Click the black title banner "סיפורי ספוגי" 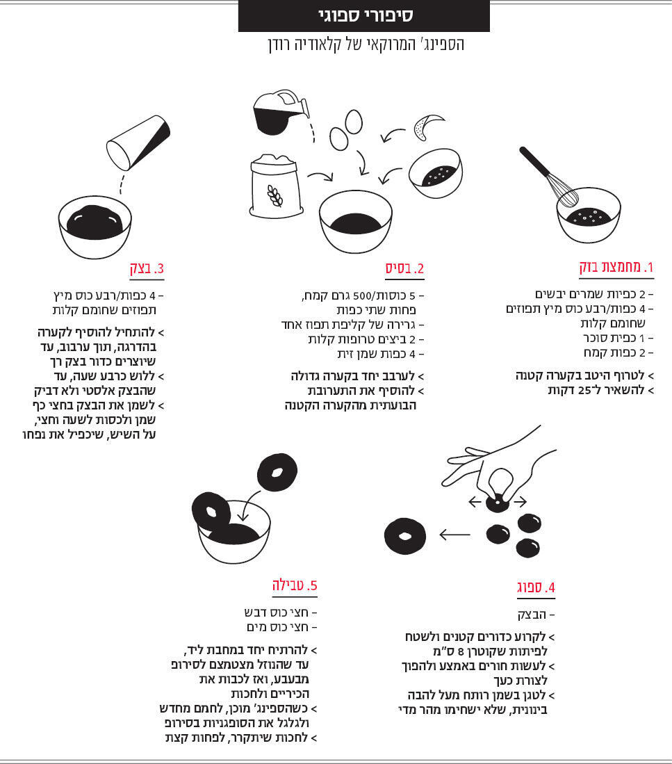tap(363, 15)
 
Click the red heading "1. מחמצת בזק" tap(616, 267)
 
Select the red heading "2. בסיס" tap(404, 268)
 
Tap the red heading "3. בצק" tap(147, 268)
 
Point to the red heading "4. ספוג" tap(536, 587)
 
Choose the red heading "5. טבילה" tap(295, 585)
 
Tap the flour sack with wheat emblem tap(276, 186)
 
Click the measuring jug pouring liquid tap(281, 112)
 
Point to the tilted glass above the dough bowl tap(138, 143)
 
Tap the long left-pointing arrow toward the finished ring tap(454, 535)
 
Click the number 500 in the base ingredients tap(362, 295)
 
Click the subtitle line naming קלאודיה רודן tap(366, 44)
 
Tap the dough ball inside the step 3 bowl tap(95, 222)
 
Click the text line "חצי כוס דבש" tap(281, 612)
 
